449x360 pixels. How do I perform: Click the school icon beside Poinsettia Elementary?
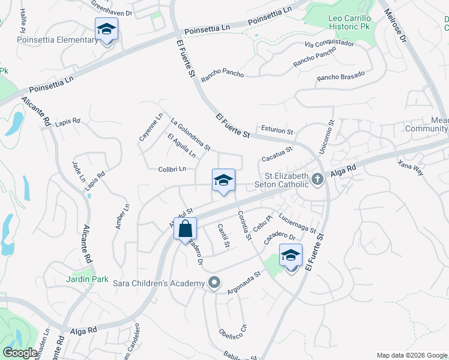107,29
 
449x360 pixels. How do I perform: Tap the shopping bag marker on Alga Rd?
185,229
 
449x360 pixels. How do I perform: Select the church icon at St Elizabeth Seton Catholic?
317,179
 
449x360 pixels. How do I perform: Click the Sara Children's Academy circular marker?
214,283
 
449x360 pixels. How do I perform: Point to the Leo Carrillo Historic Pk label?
352,22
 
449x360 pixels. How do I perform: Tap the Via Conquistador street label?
329,43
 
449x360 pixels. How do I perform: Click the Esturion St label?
277,130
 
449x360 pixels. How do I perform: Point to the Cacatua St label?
276,154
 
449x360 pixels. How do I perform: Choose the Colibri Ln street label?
177,170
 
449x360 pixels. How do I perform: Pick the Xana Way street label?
411,167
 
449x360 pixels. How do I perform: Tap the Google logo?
20,353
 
